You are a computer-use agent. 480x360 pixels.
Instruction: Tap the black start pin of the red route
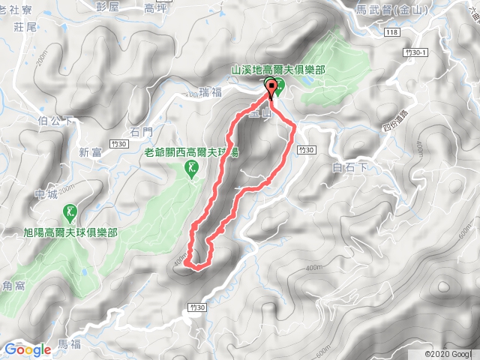pyautogui.click(x=269, y=91)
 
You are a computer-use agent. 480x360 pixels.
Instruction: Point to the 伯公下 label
pyautogui.click(x=54, y=119)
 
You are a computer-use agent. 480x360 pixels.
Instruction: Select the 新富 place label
pyautogui.click(x=91, y=152)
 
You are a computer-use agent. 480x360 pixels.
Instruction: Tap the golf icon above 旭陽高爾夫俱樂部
pyautogui.click(x=70, y=213)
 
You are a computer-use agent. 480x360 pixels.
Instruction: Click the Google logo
pyautogui.click(x=27, y=349)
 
